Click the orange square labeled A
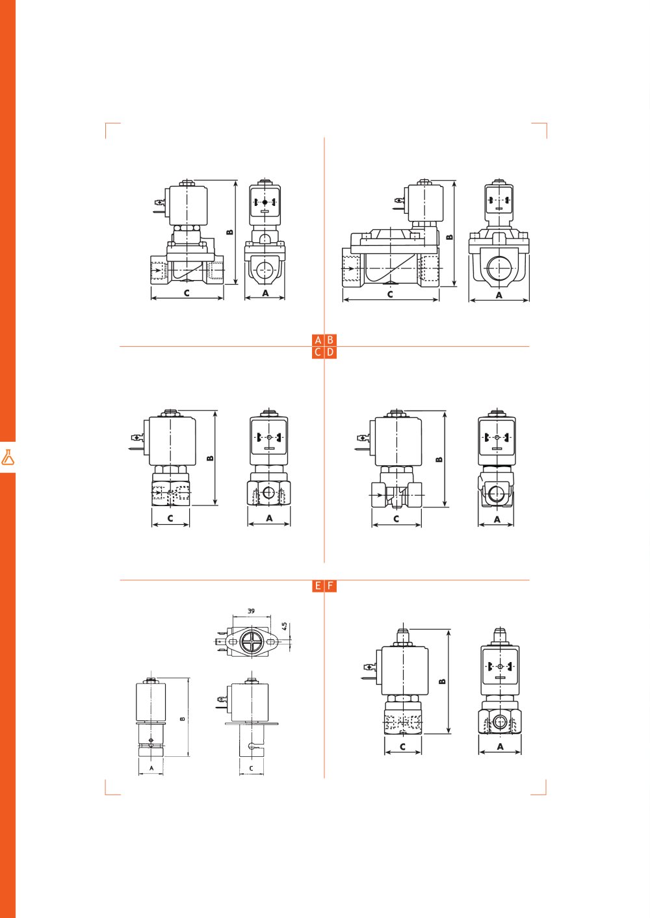pos(318,340)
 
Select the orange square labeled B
pos(330,340)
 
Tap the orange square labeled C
pos(318,352)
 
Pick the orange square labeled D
pos(330,352)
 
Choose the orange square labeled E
pos(318,586)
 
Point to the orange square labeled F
pos(330,586)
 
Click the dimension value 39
pos(251,611)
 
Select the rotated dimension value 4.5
pos(285,626)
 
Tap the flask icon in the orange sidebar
pos(8,457)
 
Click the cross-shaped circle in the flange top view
pos(251,641)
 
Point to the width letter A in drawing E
pos(151,768)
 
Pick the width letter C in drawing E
pos(252,769)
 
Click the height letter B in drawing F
pos(442,682)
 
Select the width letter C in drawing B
pos(390,294)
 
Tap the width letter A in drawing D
pos(497,519)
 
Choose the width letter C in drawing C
pos(170,518)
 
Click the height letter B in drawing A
pos(229,232)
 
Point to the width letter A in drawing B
pos(499,295)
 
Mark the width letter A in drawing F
pos(500,746)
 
